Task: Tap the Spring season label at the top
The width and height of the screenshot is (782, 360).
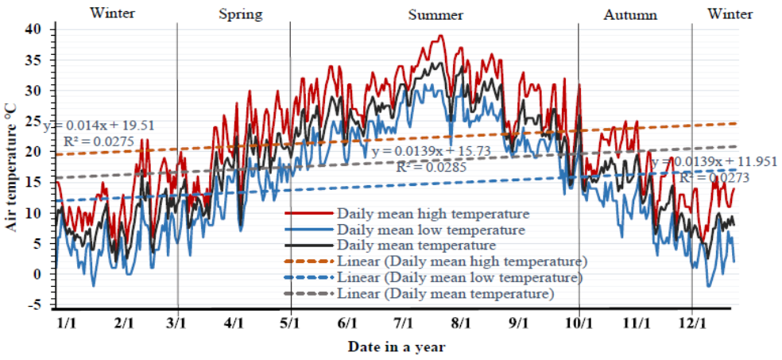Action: (240, 14)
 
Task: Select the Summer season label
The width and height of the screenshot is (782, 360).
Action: (436, 14)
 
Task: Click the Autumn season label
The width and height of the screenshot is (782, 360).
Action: (630, 14)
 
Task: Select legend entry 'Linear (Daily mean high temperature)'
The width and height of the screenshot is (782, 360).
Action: (462, 261)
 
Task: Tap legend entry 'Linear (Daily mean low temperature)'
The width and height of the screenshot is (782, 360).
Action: (460, 278)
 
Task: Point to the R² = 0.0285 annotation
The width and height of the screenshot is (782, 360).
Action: (430, 167)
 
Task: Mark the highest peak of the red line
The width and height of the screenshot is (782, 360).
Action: (440, 35)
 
